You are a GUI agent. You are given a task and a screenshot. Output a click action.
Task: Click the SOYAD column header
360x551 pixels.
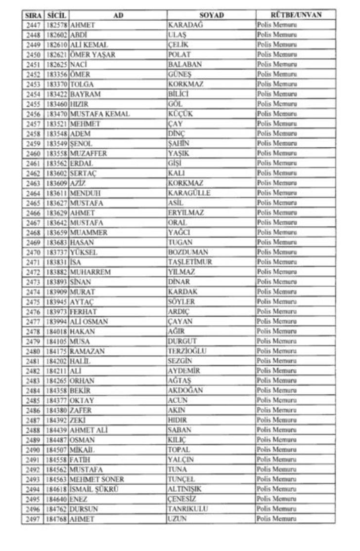212,15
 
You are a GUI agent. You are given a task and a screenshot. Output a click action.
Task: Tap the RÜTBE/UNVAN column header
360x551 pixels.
296,15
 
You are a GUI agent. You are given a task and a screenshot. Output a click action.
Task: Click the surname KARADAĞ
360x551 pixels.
185,25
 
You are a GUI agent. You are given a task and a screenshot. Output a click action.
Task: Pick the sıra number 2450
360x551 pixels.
34,55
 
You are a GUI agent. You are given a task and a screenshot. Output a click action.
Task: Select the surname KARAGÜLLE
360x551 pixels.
189,193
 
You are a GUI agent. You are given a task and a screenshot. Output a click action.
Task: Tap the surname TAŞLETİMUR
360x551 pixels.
190,262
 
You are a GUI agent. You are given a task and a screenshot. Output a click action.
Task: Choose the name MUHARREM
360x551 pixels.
90,272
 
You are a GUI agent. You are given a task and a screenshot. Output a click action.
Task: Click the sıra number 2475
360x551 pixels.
34,302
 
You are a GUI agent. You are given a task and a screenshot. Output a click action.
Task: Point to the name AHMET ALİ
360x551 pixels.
89,430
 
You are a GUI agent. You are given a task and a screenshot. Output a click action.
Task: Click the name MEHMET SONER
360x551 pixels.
97,479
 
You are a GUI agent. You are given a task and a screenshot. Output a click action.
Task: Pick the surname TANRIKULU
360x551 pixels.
187,509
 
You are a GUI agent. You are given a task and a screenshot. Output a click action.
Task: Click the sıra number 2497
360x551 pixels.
34,519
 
